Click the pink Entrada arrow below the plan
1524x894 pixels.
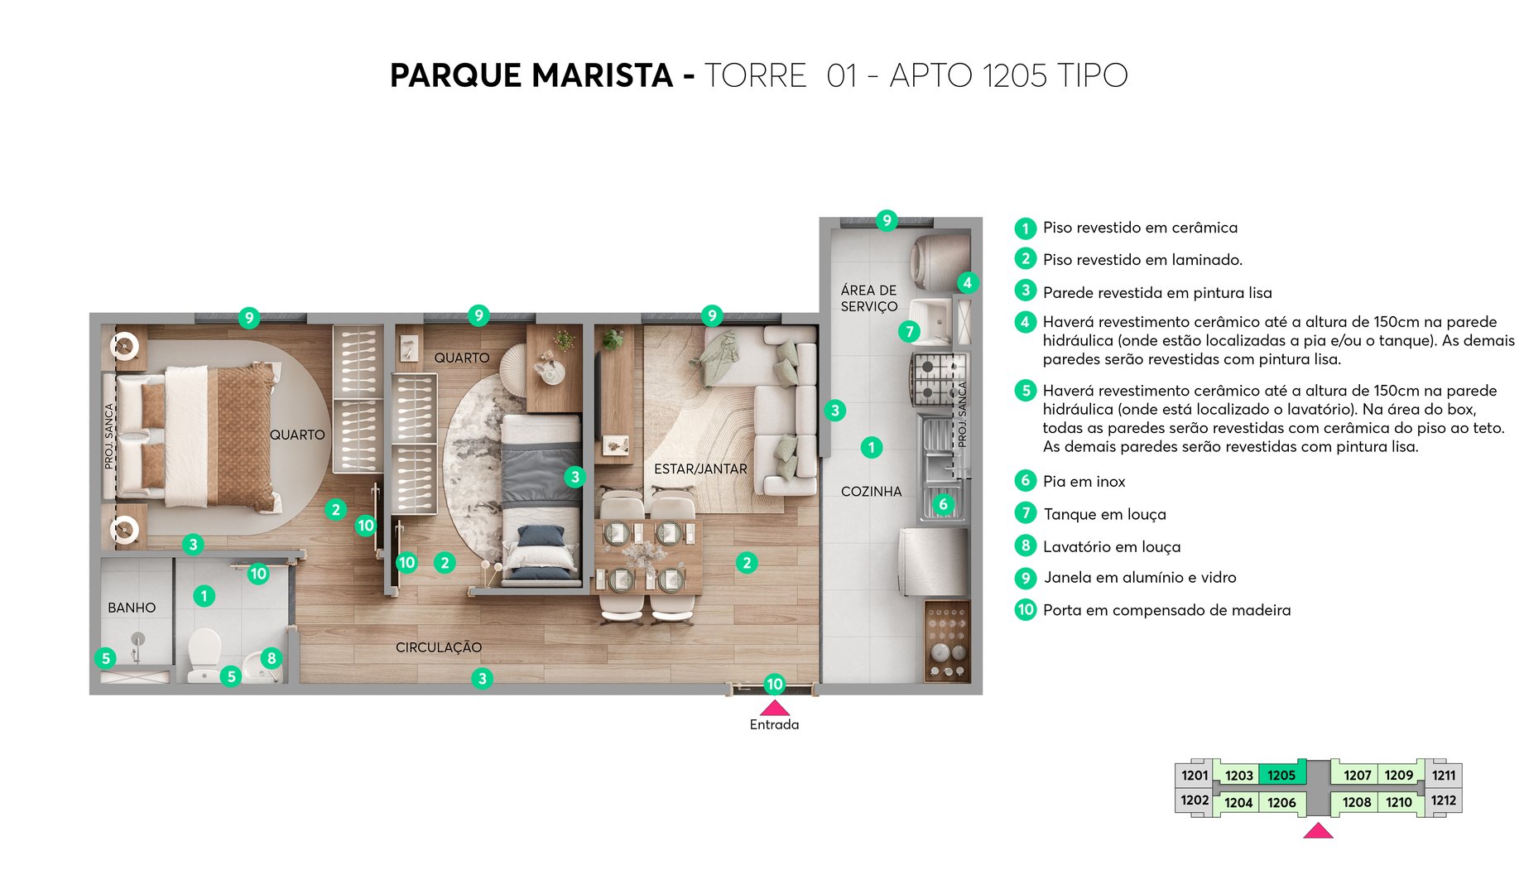tap(774, 708)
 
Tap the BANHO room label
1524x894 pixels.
tap(132, 608)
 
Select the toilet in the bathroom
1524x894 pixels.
tap(204, 654)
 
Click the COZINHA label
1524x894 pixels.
tap(871, 492)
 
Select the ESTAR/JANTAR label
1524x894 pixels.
tap(700, 469)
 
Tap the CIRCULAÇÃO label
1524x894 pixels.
tap(438, 647)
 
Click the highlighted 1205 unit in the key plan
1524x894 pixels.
tap(1281, 775)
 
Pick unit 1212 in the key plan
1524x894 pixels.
tap(1443, 800)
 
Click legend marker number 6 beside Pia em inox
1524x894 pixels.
tap(1026, 481)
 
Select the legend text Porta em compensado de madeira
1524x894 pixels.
tap(1166, 610)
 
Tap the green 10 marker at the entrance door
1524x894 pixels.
tap(774, 684)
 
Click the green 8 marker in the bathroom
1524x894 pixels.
tap(272, 658)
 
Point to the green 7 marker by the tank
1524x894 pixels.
tap(909, 331)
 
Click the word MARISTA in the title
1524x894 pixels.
tap(602, 75)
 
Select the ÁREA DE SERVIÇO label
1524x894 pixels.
tap(868, 298)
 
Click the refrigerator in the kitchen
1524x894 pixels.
tap(934, 561)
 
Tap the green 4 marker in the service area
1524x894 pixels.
tap(967, 282)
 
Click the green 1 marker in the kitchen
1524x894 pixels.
tap(871, 448)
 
